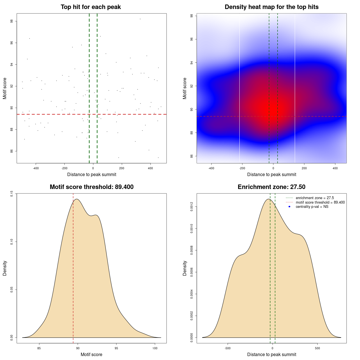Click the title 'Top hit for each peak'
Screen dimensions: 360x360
point(91,7)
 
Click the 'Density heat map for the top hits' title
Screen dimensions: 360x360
point(271,7)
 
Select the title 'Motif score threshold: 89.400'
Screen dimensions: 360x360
point(91,187)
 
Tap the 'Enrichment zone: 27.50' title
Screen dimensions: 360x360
point(271,187)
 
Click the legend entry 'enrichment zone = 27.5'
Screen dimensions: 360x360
point(315,198)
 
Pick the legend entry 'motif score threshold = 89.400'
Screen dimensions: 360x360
point(320,202)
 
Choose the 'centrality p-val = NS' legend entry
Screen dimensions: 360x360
point(312,207)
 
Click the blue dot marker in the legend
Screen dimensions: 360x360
point(289,207)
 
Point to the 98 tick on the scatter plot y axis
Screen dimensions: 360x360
point(12,21)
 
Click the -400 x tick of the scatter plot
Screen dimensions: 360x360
point(36,168)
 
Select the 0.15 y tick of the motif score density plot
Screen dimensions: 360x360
point(12,194)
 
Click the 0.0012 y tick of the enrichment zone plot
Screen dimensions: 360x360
point(192,207)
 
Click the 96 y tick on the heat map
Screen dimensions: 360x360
point(192,39)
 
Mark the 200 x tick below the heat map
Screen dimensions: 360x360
point(304,168)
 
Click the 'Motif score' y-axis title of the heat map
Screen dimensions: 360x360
point(185,88)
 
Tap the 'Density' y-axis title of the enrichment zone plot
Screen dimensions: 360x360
point(185,268)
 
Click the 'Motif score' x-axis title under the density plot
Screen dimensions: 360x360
point(91,355)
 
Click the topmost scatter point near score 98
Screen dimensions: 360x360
point(140,19)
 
